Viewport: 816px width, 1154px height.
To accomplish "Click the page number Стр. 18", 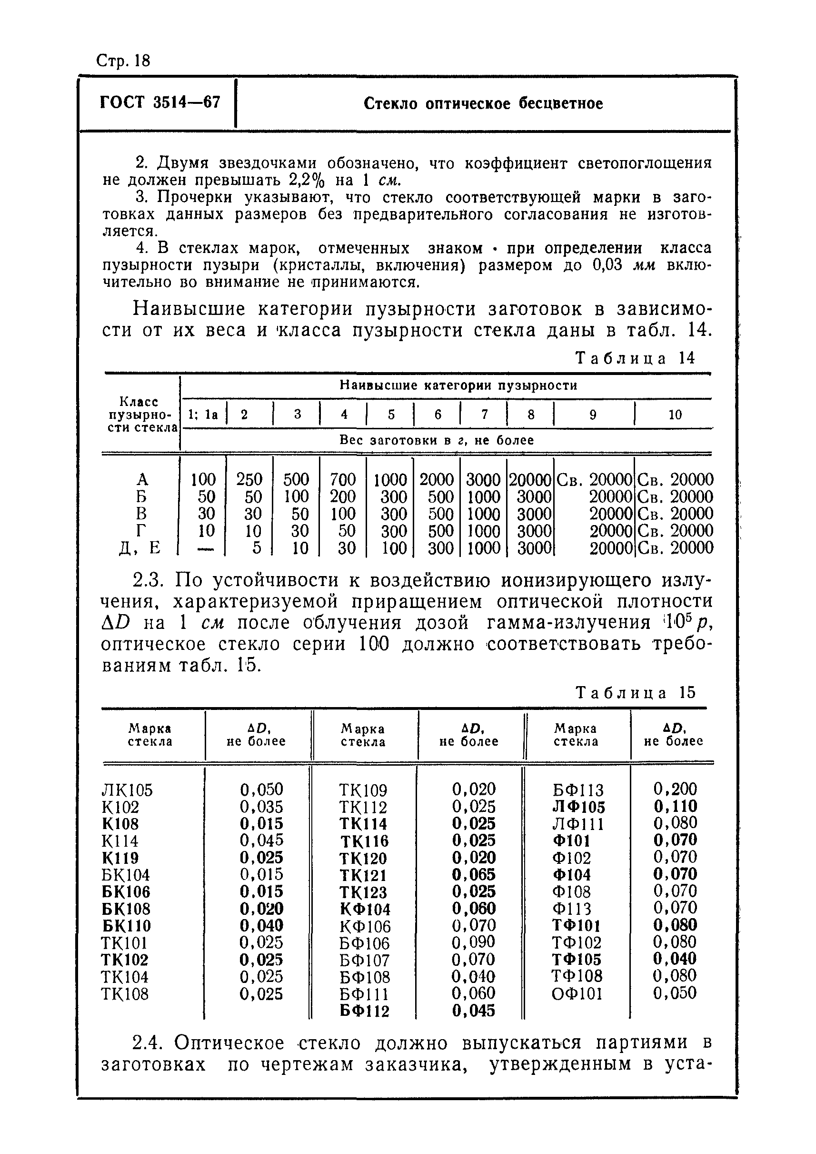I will pyautogui.click(x=123, y=61).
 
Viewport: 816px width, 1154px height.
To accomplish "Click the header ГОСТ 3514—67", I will pyautogui.click(x=160, y=102).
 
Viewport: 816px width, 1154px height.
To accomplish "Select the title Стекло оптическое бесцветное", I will pyautogui.click(x=483, y=103).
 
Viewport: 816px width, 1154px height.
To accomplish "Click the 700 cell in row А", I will pyautogui.click(x=343, y=479).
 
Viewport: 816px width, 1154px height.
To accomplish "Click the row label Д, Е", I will pyautogui.click(x=140, y=547).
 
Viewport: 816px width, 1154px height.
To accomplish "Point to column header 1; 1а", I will pyautogui.click(x=203, y=415).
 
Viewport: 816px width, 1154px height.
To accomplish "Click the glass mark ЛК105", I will pyautogui.click(x=127, y=790).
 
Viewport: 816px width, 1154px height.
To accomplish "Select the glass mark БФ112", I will pyautogui.click(x=364, y=1011).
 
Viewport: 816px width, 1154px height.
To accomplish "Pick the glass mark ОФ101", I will pyautogui.click(x=577, y=993).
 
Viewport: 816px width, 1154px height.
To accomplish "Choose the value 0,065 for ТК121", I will pyautogui.click(x=473, y=874).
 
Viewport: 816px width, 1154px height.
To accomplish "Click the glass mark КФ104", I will pyautogui.click(x=365, y=909).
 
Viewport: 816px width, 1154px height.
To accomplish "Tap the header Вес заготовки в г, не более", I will pyautogui.click(x=436, y=440).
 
